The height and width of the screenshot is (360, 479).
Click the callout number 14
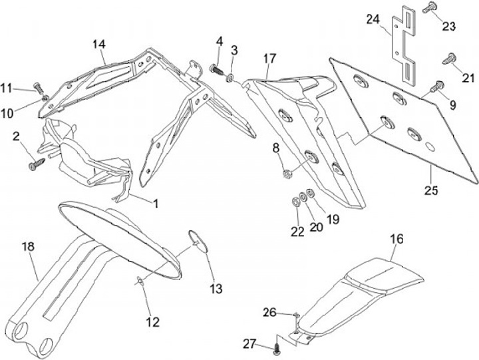[99, 45]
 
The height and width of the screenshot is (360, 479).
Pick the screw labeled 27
[277, 347]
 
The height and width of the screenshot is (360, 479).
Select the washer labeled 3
[230, 79]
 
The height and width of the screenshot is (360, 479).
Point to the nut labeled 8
[285, 174]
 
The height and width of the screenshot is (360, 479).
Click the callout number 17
[269, 59]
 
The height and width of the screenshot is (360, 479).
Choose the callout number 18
[28, 248]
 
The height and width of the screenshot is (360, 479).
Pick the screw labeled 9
[438, 85]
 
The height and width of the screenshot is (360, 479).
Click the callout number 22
[297, 232]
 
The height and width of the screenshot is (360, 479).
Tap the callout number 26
[269, 311]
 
